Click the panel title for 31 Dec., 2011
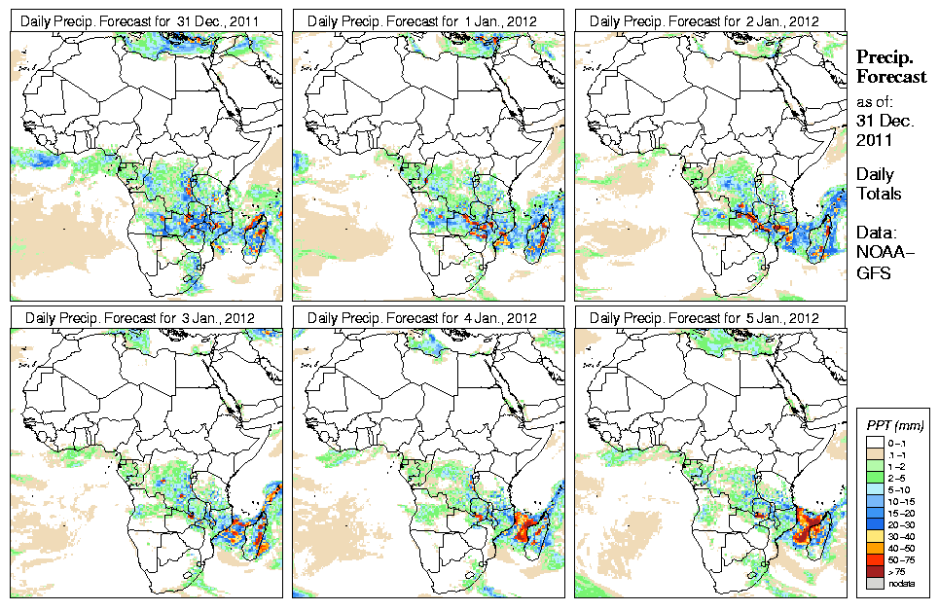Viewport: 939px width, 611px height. [x=145, y=20]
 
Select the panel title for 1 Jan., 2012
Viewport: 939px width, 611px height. [x=428, y=20]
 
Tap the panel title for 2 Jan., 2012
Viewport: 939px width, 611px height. [x=711, y=20]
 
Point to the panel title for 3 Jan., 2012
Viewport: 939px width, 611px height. [x=145, y=318]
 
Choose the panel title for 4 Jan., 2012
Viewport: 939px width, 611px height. [x=428, y=318]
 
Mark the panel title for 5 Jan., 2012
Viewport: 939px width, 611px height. [x=711, y=318]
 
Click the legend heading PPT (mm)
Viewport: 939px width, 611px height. [x=894, y=425]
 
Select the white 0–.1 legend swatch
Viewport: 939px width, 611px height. [x=875, y=443]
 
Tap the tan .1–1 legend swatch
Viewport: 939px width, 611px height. [x=875, y=454]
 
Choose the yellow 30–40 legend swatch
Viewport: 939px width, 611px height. [x=875, y=536]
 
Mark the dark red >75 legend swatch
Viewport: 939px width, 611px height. [x=875, y=571]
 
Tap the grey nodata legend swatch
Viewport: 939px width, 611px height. [x=875, y=583]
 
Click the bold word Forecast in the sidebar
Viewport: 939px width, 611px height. [x=892, y=78]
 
